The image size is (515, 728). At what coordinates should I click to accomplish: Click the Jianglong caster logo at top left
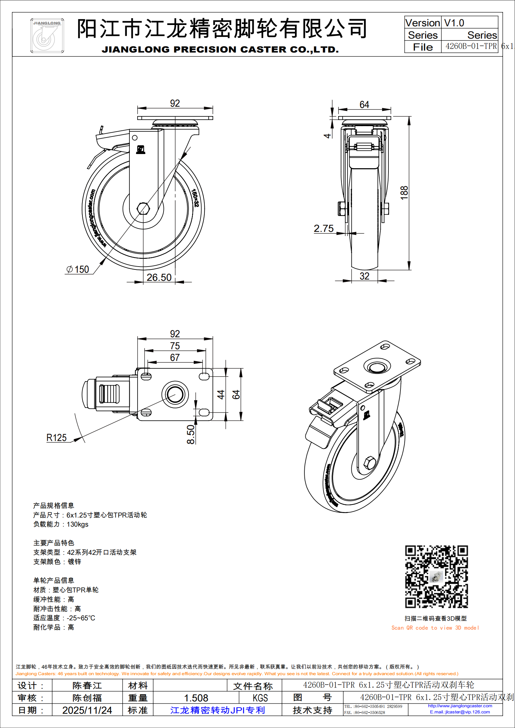pos(47,35)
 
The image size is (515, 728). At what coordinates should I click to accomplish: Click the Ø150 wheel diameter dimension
pos(78,269)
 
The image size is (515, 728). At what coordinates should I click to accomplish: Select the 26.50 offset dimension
pos(159,277)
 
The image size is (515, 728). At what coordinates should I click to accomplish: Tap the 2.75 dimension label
pos(324,229)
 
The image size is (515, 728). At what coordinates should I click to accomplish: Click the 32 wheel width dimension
pos(364,276)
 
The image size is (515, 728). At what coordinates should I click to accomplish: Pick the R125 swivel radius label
pos(56,438)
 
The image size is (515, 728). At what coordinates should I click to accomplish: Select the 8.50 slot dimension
pos(191,435)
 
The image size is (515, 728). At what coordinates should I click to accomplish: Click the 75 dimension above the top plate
pos(175,346)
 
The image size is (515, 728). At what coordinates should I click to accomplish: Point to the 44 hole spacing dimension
pos(221,394)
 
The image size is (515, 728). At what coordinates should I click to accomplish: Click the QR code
pos(436,577)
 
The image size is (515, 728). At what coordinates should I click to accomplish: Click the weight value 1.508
pos(196,698)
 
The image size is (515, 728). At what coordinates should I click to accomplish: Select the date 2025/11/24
pos(87,710)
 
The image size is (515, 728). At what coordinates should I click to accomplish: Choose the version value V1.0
pos(454,23)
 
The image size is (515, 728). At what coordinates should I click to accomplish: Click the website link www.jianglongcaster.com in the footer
pos(460,706)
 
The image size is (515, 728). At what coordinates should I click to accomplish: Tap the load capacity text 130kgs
pos(78,524)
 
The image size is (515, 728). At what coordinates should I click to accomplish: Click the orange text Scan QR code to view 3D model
pos(435,628)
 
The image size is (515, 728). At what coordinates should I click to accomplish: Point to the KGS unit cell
pos(260,698)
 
